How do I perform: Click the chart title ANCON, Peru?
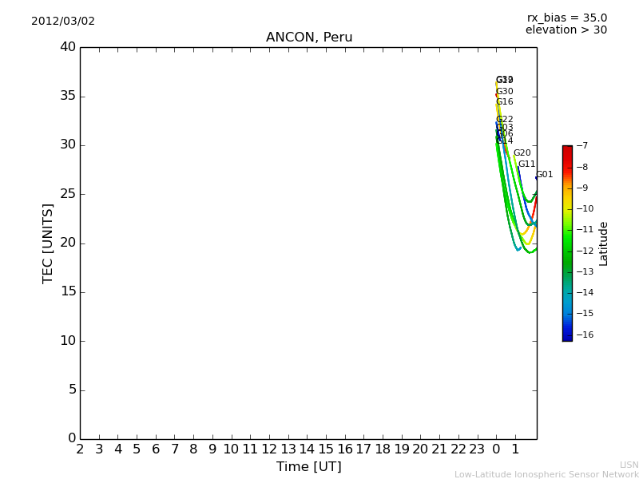309,38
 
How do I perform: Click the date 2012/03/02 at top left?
63,21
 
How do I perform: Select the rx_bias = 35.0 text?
566,18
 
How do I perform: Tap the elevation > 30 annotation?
566,30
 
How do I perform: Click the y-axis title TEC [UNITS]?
48,243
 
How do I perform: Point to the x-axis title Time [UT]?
308,466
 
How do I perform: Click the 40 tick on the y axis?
67,47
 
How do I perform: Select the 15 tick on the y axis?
67,292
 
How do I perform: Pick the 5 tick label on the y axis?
71,390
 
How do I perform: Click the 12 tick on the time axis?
269,449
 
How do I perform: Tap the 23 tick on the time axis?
477,449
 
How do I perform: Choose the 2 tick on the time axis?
80,449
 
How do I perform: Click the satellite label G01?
545,175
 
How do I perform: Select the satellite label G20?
522,153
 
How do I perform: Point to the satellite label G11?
526,164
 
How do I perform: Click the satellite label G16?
504,102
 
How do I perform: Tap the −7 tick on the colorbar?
582,146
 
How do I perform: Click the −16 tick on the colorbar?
585,335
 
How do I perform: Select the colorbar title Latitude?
604,243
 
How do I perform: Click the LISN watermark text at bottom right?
629,465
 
